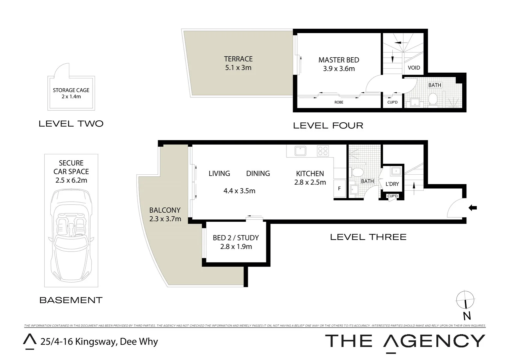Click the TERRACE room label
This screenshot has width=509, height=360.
238,59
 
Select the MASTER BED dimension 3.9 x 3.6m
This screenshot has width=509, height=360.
339,69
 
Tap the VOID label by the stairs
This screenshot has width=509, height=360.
414,68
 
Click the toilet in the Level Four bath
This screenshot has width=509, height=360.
433,99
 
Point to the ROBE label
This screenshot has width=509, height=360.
339,102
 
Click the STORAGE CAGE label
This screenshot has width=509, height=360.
71,90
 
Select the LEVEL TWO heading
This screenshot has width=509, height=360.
71,124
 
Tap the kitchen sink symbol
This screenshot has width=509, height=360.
300,151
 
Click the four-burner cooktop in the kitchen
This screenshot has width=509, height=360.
323,151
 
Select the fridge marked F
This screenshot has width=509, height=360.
339,189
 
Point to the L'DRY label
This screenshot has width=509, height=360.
392,184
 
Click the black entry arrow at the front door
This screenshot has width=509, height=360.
472,208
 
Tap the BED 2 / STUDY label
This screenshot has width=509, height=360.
236,238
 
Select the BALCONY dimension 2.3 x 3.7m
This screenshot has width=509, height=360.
165,219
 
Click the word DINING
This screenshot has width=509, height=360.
258,174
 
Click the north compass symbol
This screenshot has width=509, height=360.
465,299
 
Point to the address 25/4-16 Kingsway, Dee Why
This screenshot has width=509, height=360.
99,342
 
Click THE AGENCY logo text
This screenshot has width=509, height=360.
405,341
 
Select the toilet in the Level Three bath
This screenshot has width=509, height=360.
357,172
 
